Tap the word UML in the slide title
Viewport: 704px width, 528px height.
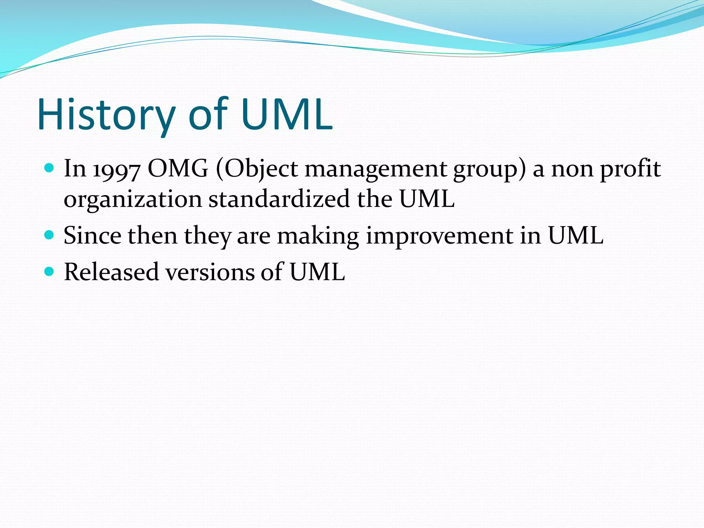pyautogui.click(x=287, y=114)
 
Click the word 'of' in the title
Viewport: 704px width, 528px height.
pyautogui.click(x=208, y=114)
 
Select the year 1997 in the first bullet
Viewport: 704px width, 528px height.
pyautogui.click(x=117, y=170)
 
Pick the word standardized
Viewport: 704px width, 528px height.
pyautogui.click(x=279, y=199)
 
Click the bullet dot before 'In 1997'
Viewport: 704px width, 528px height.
pyautogui.click(x=50, y=168)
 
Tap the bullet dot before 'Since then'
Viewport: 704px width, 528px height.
pyautogui.click(x=50, y=235)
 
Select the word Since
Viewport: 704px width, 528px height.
pyautogui.click(x=92, y=235)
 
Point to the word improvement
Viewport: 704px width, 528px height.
pyautogui.click(x=440, y=236)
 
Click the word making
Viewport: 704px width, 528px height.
pyautogui.click(x=318, y=236)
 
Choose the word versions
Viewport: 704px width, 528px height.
pyautogui.click(x=210, y=272)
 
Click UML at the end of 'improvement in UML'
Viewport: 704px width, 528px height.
pyautogui.click(x=575, y=235)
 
